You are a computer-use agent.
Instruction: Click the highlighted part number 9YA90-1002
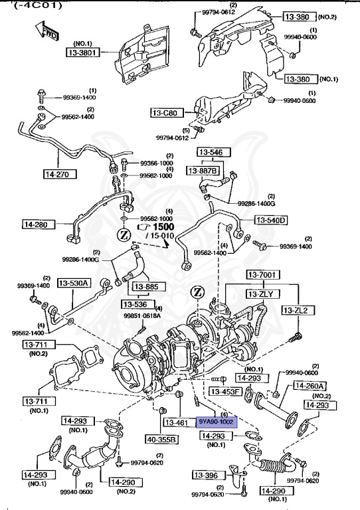click(x=216, y=422)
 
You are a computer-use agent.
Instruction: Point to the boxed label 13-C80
click(x=165, y=112)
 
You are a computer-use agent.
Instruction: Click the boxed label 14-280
click(x=40, y=224)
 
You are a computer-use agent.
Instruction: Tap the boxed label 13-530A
click(x=74, y=283)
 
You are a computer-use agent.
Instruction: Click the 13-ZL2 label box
click(x=298, y=310)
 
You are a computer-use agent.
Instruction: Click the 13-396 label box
click(x=208, y=475)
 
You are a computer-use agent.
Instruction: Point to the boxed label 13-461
click(x=177, y=422)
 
